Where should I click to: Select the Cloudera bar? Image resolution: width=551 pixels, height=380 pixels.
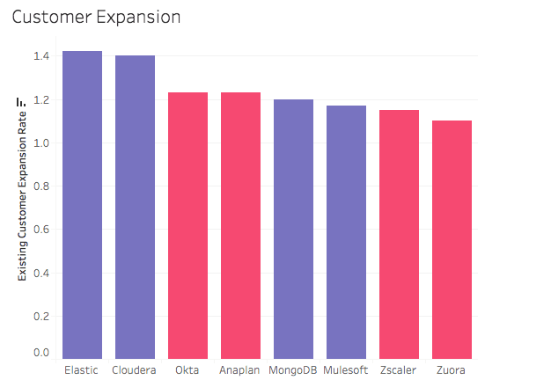135,207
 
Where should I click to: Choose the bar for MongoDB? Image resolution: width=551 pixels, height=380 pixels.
293,228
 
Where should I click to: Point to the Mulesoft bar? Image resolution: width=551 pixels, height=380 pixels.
346,231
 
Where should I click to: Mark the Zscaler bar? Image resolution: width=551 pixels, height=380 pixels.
399,233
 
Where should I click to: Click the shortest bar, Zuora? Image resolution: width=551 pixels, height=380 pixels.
452,238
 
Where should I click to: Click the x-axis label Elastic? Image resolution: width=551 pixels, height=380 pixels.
82,370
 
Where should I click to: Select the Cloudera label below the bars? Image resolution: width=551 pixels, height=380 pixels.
135,370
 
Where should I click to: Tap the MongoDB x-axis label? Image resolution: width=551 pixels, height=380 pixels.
293,370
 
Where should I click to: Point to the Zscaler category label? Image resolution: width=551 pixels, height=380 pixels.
399,370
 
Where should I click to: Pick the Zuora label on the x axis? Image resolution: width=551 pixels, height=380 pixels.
452,370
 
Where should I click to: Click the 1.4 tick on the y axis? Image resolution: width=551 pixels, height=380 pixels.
41,56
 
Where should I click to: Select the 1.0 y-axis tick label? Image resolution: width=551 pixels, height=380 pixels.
41,142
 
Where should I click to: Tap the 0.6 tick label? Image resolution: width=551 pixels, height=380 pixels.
41,230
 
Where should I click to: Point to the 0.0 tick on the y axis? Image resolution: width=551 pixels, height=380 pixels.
41,353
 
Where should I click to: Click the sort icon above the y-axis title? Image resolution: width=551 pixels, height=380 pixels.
23,102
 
